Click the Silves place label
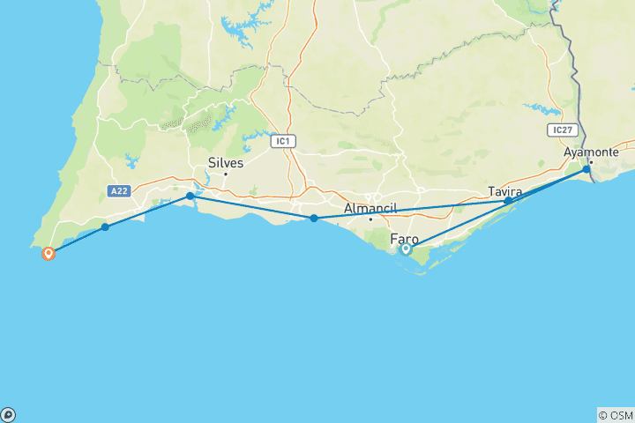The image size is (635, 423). pos(225,162)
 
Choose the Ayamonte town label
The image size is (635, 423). pos(592,152)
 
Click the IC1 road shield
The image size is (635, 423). pos(282,140)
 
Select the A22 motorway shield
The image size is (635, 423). pos(120,189)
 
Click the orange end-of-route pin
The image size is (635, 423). pos(49,253)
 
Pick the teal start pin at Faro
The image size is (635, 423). pos(406,249)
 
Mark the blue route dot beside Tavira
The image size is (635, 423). pos(508,201)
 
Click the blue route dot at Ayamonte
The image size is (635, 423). pos(586,168)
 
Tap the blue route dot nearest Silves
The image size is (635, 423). pos(190,196)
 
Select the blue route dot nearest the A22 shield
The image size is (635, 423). pos(105,227)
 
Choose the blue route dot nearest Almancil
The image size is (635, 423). pos(314,218)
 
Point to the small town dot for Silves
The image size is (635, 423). pos(225,174)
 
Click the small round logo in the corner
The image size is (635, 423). pos(7,415)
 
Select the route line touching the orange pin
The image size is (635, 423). pos(75,241)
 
